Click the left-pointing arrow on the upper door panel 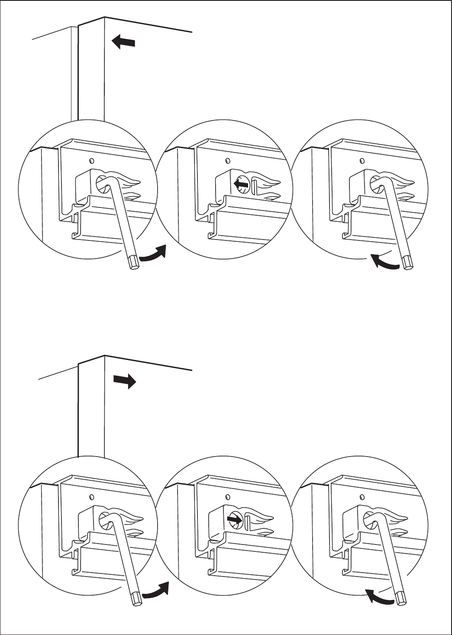123,42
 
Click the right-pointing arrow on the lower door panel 125,381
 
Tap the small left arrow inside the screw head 241,185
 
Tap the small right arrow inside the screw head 234,518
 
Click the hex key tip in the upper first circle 134,262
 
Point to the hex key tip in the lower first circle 136,599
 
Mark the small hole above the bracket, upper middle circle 227,161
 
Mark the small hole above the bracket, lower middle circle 227,496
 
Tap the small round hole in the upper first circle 91,161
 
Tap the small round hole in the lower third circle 362,496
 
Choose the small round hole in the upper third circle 362,161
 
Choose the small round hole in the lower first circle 91,496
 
